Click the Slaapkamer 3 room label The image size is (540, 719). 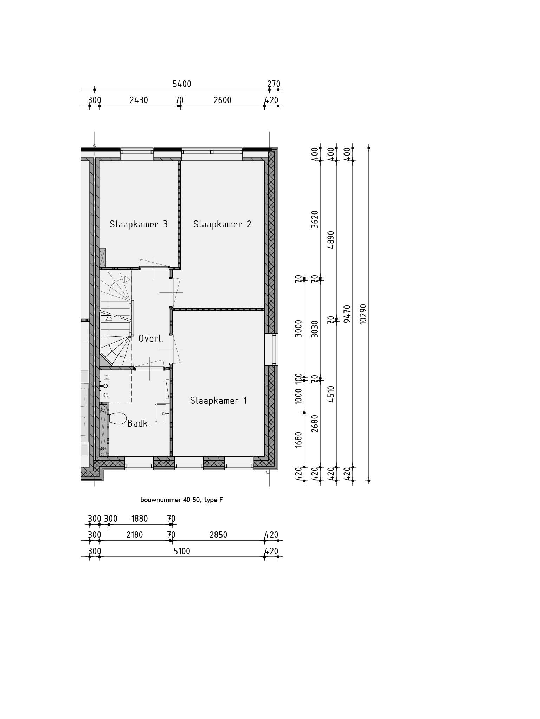point(139,224)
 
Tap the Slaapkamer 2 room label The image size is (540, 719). point(222,224)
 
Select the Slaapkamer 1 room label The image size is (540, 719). point(218,401)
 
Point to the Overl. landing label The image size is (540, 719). point(151,339)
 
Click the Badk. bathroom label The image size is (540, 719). point(139,423)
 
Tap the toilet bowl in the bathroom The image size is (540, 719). point(118,418)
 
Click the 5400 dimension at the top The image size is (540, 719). point(182,84)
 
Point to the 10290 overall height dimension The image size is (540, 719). point(364,314)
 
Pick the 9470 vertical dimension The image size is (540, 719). point(347,314)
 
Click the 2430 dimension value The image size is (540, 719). point(139,100)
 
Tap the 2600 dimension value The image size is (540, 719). point(223,100)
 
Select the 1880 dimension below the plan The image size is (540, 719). point(140,519)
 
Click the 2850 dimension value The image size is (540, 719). point(218,535)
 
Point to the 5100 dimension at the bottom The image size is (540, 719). point(182,552)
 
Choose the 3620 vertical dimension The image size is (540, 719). point(315,219)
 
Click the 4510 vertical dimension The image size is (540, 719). point(331,394)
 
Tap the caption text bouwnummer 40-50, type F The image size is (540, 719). point(181,500)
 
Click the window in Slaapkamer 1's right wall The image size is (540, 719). point(271,349)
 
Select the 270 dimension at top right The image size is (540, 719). point(274,84)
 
